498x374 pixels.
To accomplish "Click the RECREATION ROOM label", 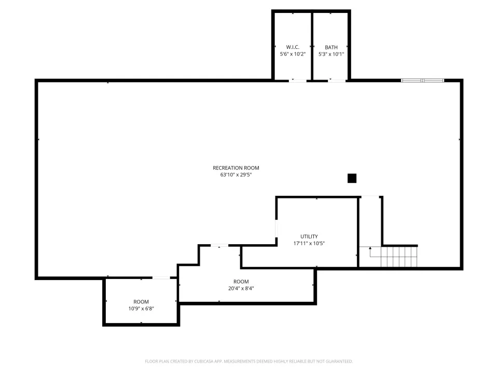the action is (x=236, y=168).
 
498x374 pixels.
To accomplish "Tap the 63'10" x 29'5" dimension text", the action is (x=236, y=175).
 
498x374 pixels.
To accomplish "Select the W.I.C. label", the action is (x=293, y=47).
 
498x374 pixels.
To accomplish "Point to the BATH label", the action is (x=331, y=47).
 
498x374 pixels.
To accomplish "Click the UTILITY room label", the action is (x=309, y=237).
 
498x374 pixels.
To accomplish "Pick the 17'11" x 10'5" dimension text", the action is (x=309, y=243).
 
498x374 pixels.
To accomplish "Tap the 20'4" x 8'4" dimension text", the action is (x=241, y=288).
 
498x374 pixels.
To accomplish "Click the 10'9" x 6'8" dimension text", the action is (x=141, y=309).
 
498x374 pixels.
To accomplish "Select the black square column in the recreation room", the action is (x=352, y=178).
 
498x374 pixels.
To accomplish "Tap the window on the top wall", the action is (x=422, y=81).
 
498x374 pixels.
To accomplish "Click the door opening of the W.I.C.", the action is (x=298, y=81).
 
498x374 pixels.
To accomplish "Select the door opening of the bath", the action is (x=337, y=81).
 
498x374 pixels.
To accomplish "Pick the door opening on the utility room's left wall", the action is (x=276, y=229).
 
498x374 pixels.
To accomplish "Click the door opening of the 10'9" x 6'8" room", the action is (x=161, y=278).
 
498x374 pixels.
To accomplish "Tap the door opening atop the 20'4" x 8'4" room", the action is (x=219, y=245).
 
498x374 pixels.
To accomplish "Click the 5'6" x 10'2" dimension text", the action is (x=293, y=54).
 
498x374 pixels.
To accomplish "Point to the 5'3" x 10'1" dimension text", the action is (x=331, y=54).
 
